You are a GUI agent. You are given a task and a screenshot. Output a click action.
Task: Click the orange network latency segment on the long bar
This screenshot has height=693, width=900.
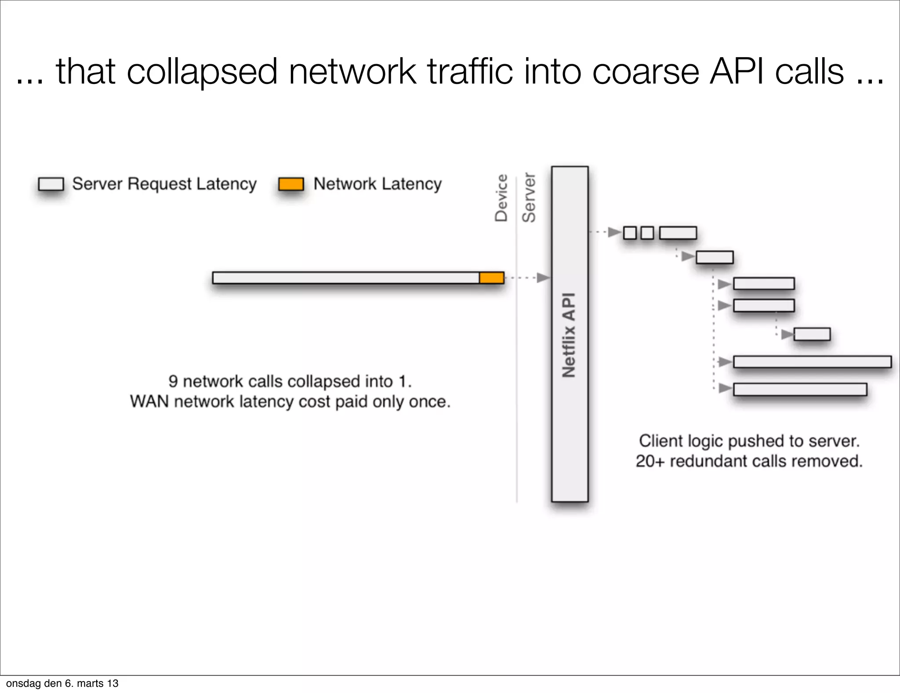click(491, 278)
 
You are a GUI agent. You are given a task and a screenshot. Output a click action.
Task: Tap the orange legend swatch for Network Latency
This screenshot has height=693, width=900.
click(291, 184)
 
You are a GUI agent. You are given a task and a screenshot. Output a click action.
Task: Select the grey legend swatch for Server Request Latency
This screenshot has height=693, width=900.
click(51, 184)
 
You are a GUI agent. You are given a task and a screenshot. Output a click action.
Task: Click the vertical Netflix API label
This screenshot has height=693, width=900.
click(569, 335)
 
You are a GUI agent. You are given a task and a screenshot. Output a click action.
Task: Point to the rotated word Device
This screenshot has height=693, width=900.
click(501, 198)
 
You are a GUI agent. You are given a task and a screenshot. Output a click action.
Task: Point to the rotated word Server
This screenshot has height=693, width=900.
click(529, 198)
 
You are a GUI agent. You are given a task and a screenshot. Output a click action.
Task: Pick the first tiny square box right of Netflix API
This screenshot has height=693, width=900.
click(630, 233)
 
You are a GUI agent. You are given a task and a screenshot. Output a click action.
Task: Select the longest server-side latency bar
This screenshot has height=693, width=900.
click(812, 362)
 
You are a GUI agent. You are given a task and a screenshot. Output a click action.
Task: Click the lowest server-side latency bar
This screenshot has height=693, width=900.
click(800, 390)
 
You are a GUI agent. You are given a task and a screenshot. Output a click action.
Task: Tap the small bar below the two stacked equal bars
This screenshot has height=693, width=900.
click(812, 334)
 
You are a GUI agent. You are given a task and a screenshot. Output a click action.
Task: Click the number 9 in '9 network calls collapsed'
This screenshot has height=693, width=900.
click(173, 381)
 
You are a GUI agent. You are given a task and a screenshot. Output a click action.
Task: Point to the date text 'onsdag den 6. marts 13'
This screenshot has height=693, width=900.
click(62, 683)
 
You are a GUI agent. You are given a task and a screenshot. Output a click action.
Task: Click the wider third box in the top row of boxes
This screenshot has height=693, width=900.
click(678, 233)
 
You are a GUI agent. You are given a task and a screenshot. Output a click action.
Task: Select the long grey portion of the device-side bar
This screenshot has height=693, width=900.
click(345, 278)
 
